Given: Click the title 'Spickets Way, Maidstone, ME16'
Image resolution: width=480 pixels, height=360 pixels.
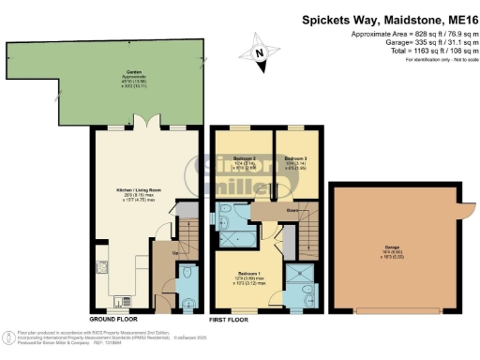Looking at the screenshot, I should (390, 19).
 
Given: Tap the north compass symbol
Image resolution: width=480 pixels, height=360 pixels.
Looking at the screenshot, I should (262, 52).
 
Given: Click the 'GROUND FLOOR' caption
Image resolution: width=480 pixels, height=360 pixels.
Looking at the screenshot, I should (114, 320).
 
